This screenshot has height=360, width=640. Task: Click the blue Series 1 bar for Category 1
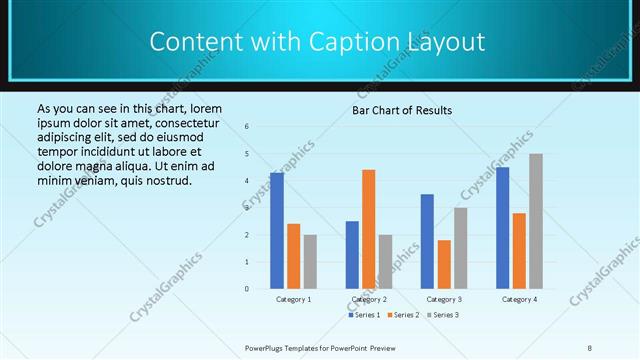coord(276,230)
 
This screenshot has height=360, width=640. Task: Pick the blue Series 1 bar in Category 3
coord(427,240)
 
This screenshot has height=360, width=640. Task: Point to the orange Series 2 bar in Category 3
coord(444,264)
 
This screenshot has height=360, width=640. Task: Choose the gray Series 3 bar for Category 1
coord(310,261)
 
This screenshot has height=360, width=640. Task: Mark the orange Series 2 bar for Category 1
coord(293,255)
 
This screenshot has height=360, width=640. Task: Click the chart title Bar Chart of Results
coord(402,110)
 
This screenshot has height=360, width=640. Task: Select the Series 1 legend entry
coord(364,315)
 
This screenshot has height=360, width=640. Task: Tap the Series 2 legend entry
coord(402,315)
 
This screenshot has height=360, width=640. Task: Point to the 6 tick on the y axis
coord(247,127)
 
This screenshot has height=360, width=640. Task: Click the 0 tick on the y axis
coord(247,289)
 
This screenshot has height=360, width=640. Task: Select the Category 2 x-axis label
coord(369,299)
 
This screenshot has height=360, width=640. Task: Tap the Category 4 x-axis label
coord(518,299)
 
